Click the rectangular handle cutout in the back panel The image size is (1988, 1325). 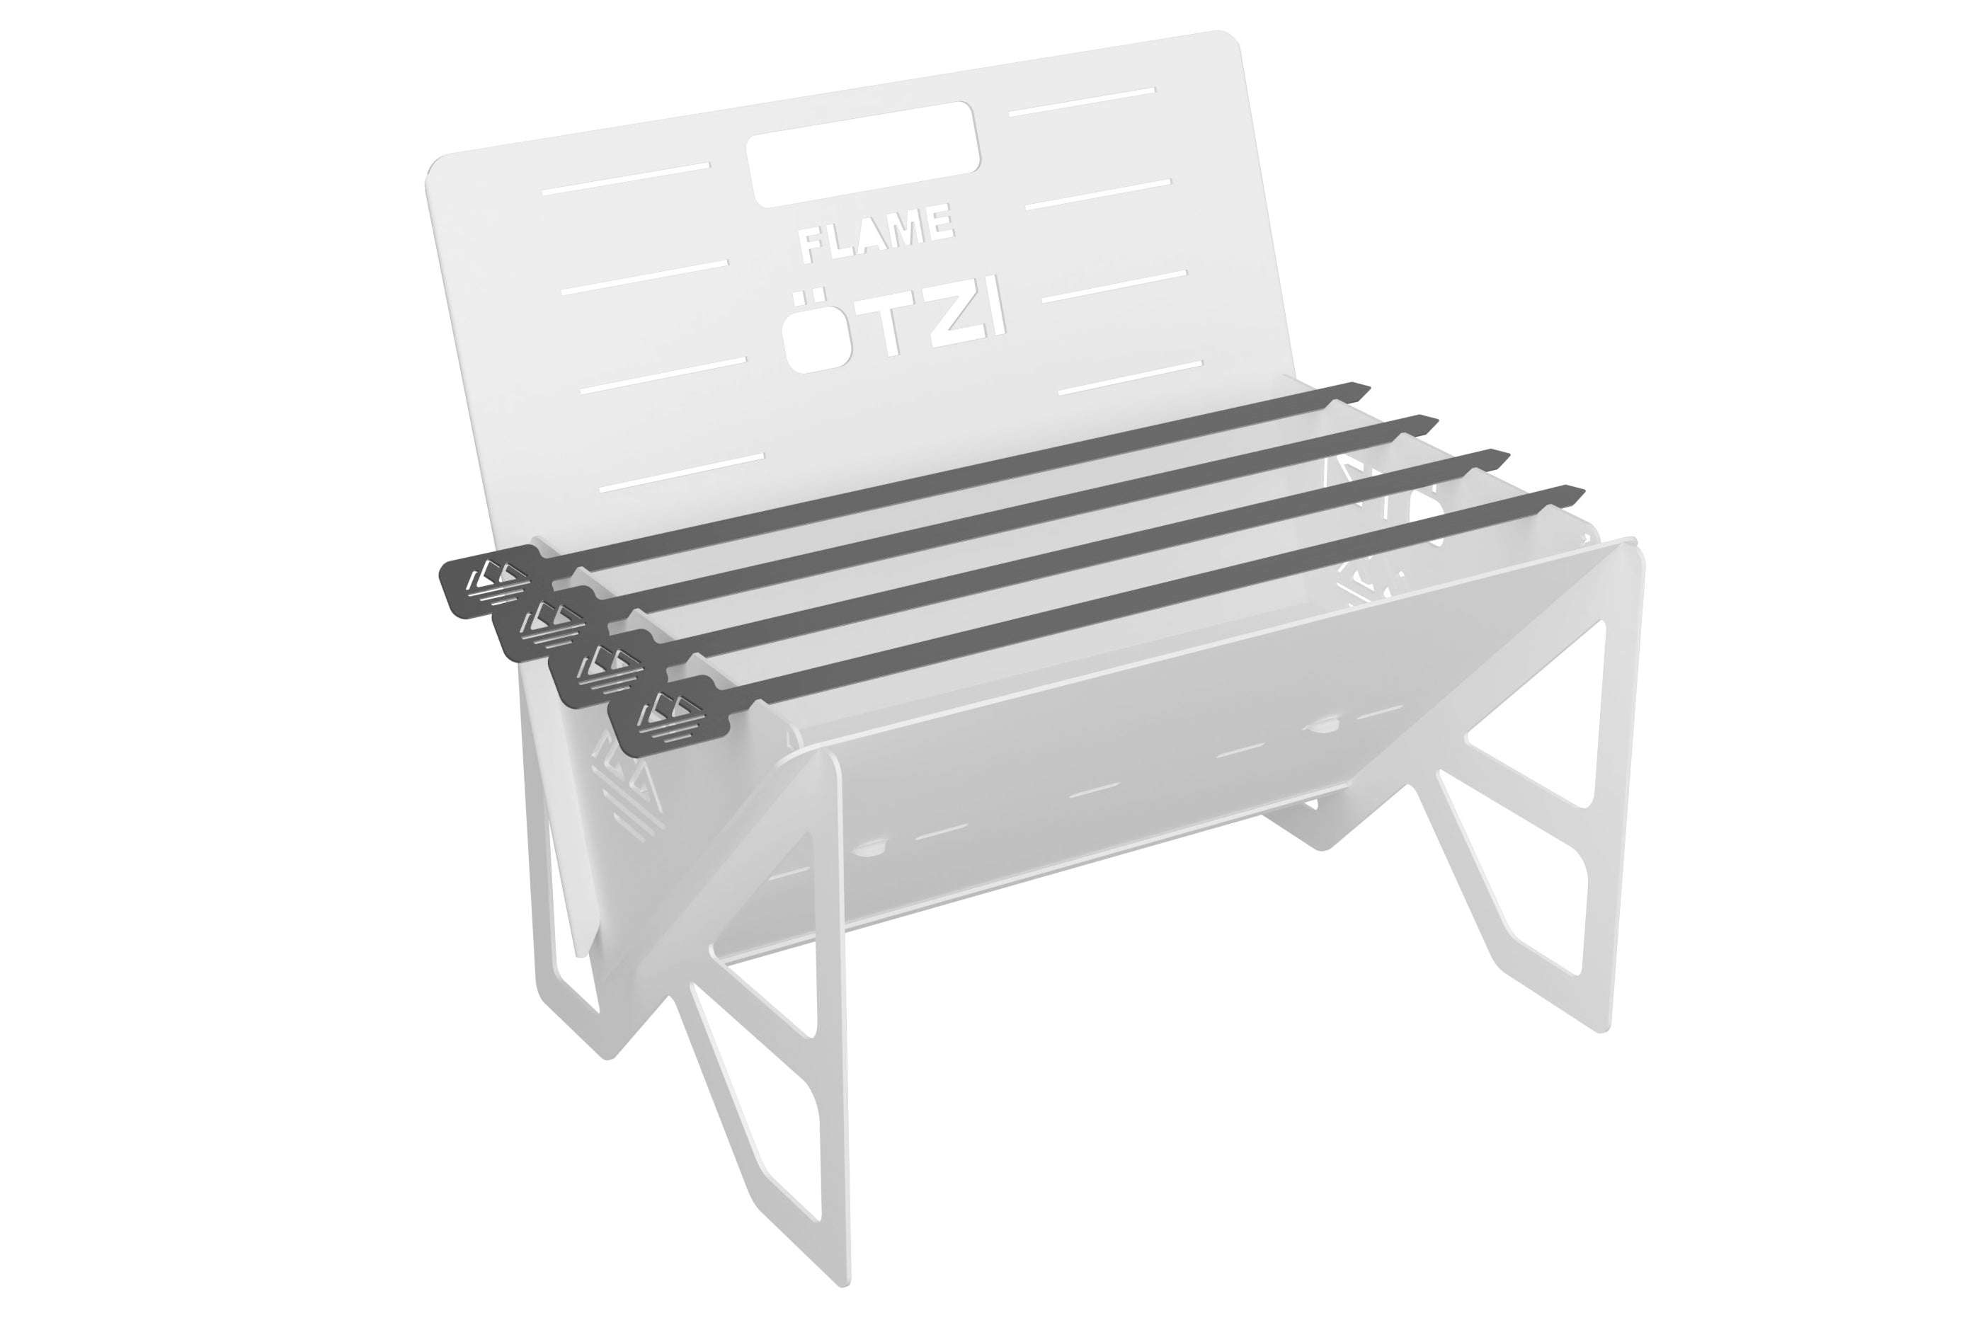[x=863, y=154]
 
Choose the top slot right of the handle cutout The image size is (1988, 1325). [x=1082, y=101]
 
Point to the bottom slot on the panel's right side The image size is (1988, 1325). [x=1130, y=378]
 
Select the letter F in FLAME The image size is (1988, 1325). [x=811, y=246]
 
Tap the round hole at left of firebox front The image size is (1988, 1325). [x=872, y=846]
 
